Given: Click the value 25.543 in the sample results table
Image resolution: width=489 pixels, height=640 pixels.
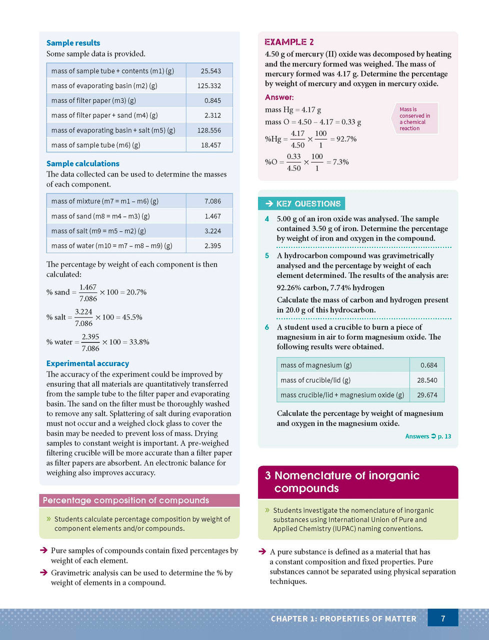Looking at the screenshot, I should point(210,71).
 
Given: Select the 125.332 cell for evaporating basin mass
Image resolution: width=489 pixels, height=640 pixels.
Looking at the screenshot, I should point(209,85).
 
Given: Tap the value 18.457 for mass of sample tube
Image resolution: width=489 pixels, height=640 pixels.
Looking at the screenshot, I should point(210,145).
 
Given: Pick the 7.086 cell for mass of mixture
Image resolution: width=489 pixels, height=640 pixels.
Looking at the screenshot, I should point(212,201).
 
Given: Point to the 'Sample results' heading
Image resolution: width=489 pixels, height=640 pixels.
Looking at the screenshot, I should point(73,43).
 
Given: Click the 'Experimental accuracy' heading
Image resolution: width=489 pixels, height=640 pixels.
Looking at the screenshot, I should point(87,363).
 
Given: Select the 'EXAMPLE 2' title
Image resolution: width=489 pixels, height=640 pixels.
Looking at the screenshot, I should point(289,42).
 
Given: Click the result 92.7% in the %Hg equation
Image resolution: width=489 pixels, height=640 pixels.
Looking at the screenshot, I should point(346,139).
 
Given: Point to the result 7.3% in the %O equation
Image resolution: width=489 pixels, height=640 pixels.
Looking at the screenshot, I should point(340,162).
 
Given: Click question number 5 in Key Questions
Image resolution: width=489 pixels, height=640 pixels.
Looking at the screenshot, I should point(267,255).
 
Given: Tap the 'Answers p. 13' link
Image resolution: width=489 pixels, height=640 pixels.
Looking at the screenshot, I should point(428,436).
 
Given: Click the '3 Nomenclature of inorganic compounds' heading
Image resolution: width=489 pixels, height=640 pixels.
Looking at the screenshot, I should point(342,482).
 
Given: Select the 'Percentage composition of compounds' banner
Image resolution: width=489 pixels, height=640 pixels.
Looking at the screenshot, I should point(126,500).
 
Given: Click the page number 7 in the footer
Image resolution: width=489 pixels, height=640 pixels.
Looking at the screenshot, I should point(443,618).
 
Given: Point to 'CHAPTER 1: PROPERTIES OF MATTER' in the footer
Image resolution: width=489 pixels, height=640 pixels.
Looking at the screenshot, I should point(343,619).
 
